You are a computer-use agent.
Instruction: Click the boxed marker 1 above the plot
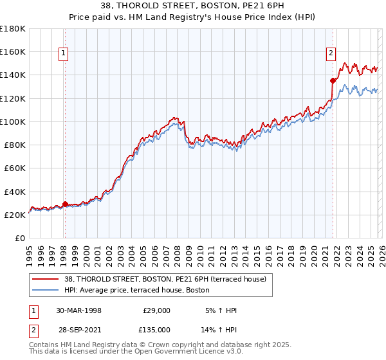(x=64, y=54)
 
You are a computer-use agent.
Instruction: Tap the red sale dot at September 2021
(x=333, y=80)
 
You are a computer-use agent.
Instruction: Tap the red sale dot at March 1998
(x=66, y=204)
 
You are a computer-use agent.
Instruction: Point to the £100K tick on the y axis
(x=14, y=122)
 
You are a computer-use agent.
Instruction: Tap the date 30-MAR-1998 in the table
(x=78, y=310)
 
